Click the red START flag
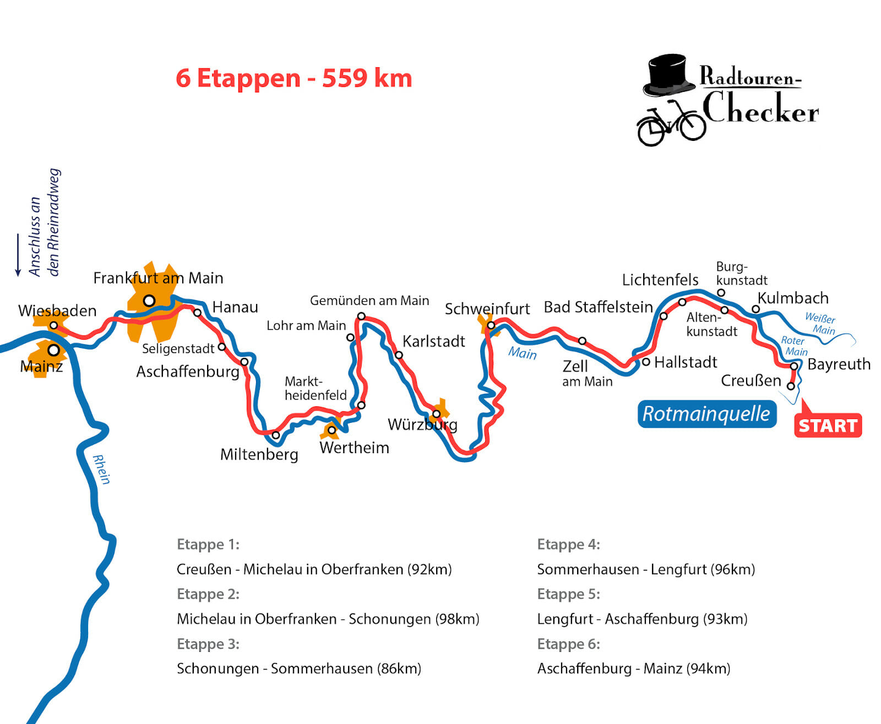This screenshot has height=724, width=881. pyautogui.click(x=828, y=426)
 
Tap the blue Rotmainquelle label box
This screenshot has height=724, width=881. pyautogui.click(x=706, y=414)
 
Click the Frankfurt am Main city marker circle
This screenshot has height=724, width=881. pyautogui.click(x=149, y=301)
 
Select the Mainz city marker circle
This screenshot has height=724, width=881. pyautogui.click(x=53, y=350)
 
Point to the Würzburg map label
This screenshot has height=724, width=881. pyautogui.click(x=422, y=425)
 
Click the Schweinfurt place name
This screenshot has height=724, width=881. pyautogui.click(x=487, y=309)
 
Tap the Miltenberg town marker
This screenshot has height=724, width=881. pyautogui.click(x=276, y=435)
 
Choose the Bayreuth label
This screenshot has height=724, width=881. pyautogui.click(x=839, y=364)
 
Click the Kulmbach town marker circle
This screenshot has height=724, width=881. pyautogui.click(x=756, y=309)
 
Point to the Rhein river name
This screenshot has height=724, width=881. pyautogui.click(x=101, y=469)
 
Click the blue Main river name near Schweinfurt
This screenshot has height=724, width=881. pyautogui.click(x=522, y=352)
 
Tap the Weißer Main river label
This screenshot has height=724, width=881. pyautogui.click(x=821, y=324)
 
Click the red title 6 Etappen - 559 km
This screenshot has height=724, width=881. pyautogui.click(x=293, y=78)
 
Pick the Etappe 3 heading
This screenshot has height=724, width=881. pyautogui.click(x=208, y=644)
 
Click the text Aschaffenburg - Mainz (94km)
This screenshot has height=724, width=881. pyautogui.click(x=634, y=668)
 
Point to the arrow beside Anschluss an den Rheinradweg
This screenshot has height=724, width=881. pyautogui.click(x=18, y=254)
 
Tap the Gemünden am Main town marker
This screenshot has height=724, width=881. pyautogui.click(x=361, y=316)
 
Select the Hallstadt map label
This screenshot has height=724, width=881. pyautogui.click(x=686, y=362)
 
